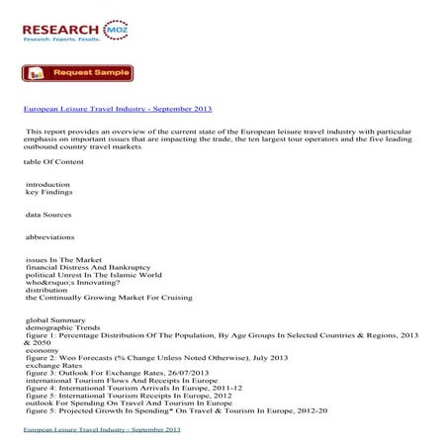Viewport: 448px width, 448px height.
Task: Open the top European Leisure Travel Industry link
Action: pos(117,108)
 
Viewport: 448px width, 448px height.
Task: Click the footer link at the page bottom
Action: pos(102,431)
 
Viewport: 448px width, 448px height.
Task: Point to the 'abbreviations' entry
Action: pos(51,237)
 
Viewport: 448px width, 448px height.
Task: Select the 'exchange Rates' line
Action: pos(52,366)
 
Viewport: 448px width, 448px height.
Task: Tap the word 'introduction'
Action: pos(48,184)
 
